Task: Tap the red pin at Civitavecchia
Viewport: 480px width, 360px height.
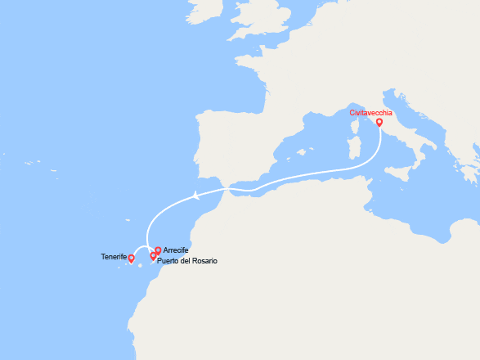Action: (379, 124)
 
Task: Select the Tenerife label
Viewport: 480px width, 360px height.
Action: (114, 257)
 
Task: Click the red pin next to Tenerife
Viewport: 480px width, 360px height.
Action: (132, 259)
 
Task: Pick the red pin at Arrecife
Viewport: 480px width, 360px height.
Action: (158, 251)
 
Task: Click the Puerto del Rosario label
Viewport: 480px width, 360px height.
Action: (187, 260)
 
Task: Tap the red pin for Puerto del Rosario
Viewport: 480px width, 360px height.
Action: (153, 256)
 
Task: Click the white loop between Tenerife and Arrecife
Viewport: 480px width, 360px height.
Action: (141, 250)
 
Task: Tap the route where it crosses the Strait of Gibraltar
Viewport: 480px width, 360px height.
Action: (228, 189)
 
